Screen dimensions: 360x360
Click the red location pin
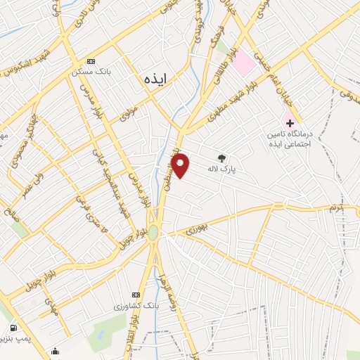(x=181, y=165)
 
